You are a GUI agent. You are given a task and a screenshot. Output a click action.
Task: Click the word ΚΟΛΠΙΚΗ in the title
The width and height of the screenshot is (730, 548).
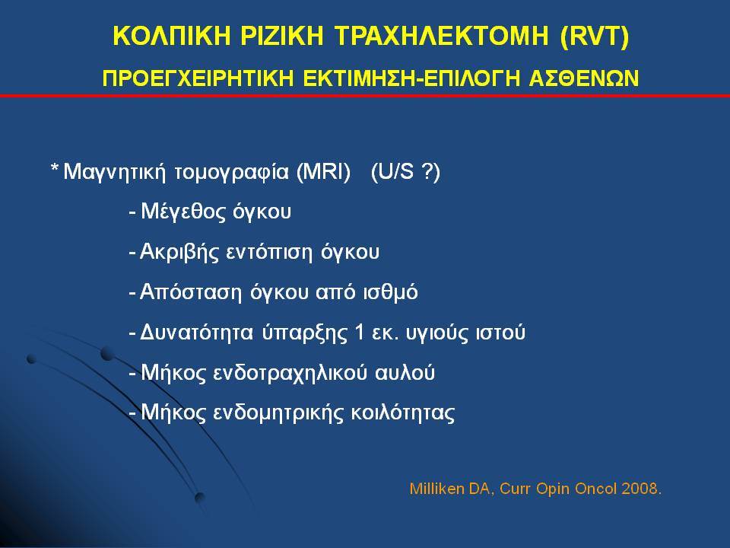coord(172,36)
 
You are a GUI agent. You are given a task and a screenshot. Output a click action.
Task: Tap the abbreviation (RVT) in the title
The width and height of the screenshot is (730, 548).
coord(595,37)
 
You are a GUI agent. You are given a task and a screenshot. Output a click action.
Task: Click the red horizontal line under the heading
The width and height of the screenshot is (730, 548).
coord(365,96)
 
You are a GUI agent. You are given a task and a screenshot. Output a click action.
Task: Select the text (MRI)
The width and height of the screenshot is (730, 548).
coord(324,172)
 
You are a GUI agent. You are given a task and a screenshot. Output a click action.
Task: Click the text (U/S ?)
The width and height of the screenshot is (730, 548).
coord(405,172)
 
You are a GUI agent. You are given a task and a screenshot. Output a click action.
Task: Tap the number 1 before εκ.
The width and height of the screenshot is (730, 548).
coord(359,333)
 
